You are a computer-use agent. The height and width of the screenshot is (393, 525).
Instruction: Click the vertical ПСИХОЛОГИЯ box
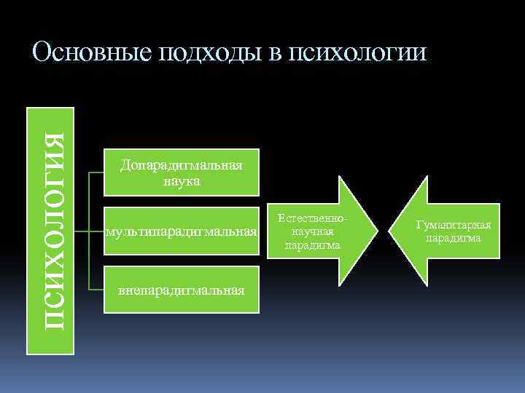tap(50, 231)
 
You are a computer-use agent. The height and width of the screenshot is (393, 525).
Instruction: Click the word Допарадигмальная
tap(181, 166)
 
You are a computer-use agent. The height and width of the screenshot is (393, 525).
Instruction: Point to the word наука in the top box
tap(181, 180)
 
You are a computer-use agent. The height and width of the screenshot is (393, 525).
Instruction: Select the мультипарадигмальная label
tap(182, 232)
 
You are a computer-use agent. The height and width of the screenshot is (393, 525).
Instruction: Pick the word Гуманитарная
tap(454, 225)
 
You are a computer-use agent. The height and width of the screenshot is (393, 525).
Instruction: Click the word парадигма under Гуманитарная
tap(454, 238)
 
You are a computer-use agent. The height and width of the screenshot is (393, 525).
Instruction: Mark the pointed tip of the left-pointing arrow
tap(408, 231)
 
